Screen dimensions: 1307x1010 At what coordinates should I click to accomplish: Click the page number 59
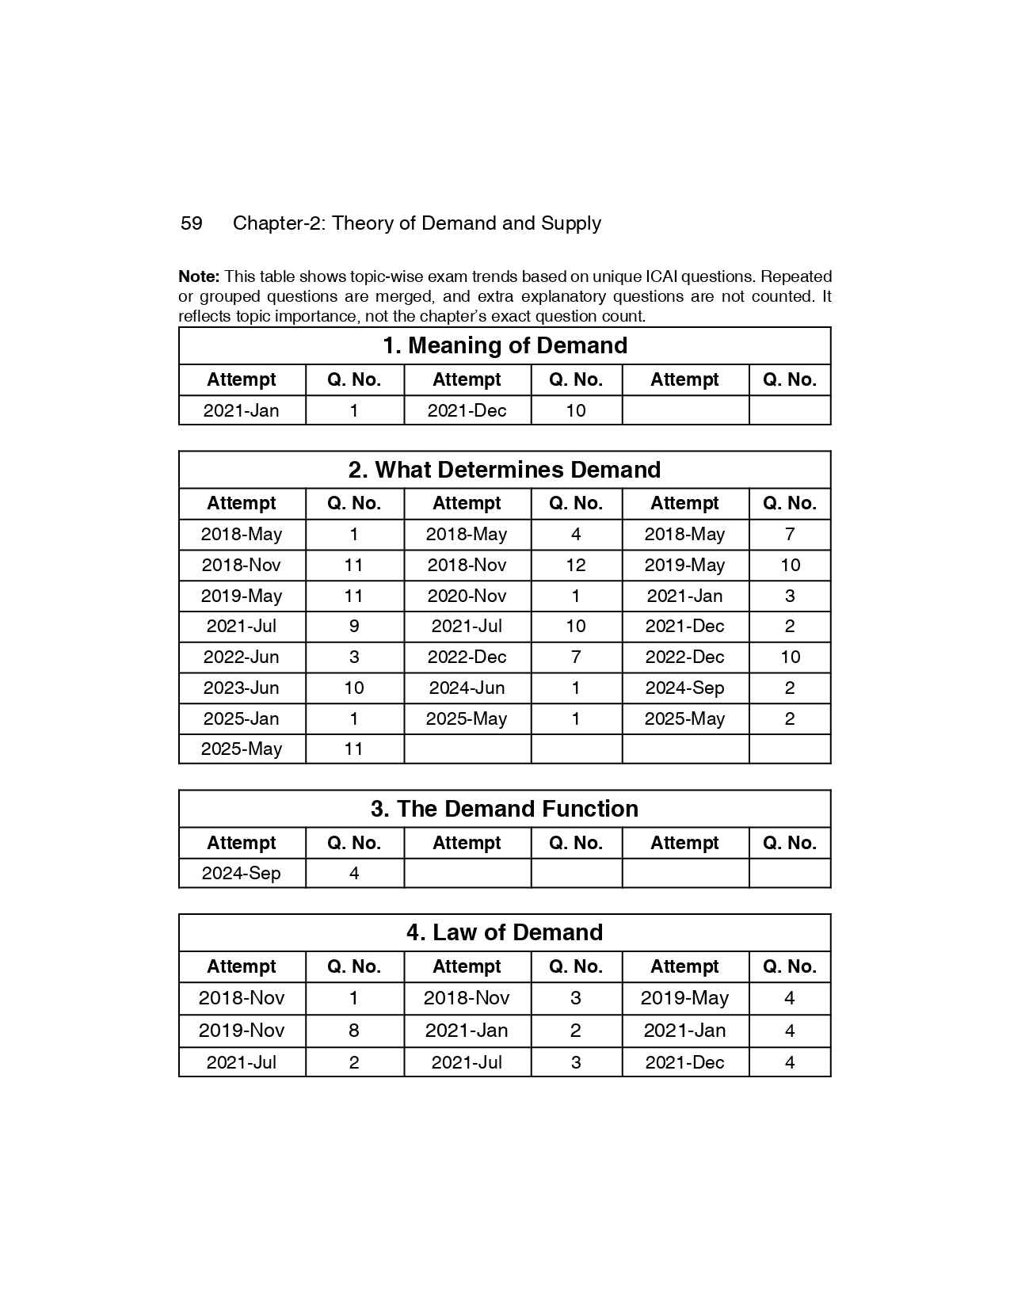(x=192, y=223)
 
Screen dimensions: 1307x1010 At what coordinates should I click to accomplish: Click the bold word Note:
(x=199, y=276)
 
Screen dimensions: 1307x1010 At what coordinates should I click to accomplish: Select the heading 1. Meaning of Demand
(x=505, y=345)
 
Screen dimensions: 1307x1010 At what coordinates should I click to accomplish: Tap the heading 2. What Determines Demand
(x=505, y=470)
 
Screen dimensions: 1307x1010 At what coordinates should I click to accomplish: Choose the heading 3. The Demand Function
(x=505, y=809)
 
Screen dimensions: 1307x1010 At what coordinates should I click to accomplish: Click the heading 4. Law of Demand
(x=505, y=932)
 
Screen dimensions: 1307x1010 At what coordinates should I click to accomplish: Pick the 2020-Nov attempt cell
(x=467, y=596)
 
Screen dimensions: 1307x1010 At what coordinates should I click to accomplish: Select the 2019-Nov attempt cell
(x=242, y=1031)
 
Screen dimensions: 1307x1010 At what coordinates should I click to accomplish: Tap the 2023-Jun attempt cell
(x=242, y=688)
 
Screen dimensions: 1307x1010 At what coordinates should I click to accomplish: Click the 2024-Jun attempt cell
(x=467, y=688)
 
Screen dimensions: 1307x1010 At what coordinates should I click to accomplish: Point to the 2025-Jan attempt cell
(x=242, y=718)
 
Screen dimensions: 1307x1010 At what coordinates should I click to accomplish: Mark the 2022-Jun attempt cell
(x=242, y=657)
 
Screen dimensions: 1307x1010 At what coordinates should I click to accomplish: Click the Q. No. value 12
(x=576, y=565)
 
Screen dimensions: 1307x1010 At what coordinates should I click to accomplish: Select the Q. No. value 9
(x=354, y=626)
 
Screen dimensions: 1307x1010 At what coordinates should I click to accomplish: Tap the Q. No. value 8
(x=354, y=1031)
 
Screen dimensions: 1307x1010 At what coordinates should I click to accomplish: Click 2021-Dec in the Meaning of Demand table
(x=467, y=410)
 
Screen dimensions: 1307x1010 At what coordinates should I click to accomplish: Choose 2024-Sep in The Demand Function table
(x=242, y=873)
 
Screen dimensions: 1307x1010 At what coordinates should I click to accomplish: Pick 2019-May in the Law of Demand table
(x=684, y=998)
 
